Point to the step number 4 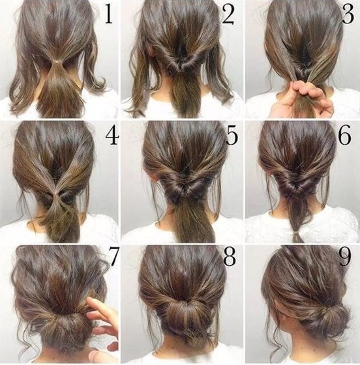point(112,136)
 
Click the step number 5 point(232,136)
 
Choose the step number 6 point(344,136)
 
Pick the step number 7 point(114,257)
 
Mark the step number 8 point(230,258)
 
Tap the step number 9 point(345,258)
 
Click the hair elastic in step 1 point(57,61)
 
